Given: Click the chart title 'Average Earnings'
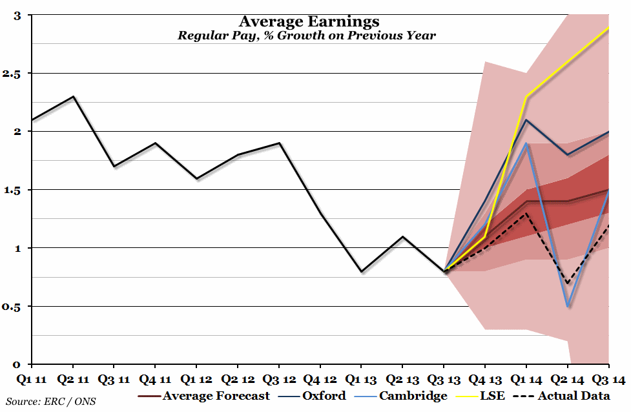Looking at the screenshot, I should (309, 22).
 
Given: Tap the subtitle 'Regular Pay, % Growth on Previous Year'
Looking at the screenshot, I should (307, 36).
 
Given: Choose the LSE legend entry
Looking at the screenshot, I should (492, 396).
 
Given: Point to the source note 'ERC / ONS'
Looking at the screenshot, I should (50, 401).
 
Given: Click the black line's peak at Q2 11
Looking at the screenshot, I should (74, 97).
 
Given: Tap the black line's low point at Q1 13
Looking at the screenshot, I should (362, 271).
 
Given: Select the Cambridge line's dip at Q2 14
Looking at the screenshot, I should (568, 306).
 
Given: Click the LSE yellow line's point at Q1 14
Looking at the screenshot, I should (527, 97).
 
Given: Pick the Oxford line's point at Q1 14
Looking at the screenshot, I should (527, 120).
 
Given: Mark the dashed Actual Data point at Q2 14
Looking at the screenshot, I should (568, 283).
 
